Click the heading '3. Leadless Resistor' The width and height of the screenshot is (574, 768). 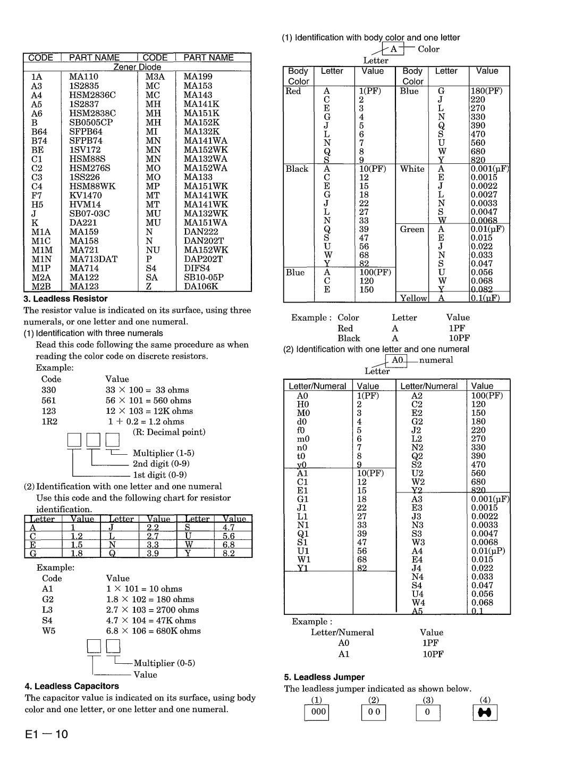[65, 299]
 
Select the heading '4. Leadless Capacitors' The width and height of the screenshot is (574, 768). [72, 686]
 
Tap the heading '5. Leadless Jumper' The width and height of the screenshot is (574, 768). [324, 677]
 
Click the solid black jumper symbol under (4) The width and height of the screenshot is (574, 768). [485, 712]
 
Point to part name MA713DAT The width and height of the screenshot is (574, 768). [93, 259]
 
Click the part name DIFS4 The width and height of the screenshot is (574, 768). [196, 268]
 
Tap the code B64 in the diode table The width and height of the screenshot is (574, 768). [39, 131]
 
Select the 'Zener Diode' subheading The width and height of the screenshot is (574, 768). [137, 67]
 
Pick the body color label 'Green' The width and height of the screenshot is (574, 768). [412, 229]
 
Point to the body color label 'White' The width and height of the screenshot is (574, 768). [412, 169]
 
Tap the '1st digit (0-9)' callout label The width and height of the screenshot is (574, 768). [159, 475]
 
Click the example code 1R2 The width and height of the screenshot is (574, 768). [49, 421]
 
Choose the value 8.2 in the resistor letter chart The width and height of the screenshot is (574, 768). [229, 553]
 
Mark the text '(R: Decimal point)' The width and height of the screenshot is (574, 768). [169, 432]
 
